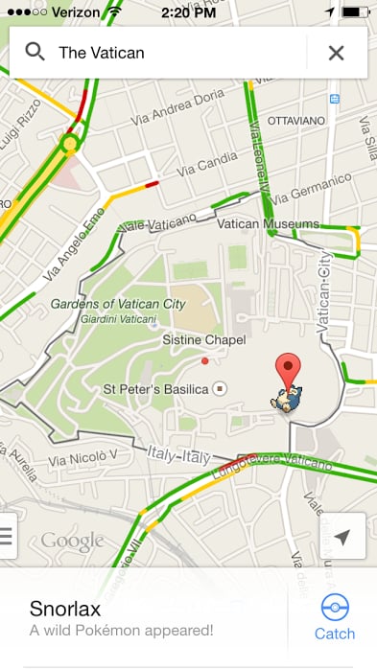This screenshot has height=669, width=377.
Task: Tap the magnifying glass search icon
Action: (35, 52)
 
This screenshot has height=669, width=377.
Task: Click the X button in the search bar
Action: (336, 53)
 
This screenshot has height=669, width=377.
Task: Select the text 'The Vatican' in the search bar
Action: (102, 53)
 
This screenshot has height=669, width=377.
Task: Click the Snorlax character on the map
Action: (286, 402)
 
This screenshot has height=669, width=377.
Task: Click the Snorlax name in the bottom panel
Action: (66, 609)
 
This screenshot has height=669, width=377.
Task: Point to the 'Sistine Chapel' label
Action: (204, 340)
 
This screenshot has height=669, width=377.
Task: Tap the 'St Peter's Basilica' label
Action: (155, 388)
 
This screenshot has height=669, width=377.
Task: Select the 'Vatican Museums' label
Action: (269, 224)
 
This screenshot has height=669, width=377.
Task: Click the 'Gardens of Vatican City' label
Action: (119, 304)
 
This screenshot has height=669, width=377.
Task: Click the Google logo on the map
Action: (72, 542)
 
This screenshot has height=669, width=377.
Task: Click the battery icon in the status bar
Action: (355, 12)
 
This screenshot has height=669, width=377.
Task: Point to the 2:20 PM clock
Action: (188, 12)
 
